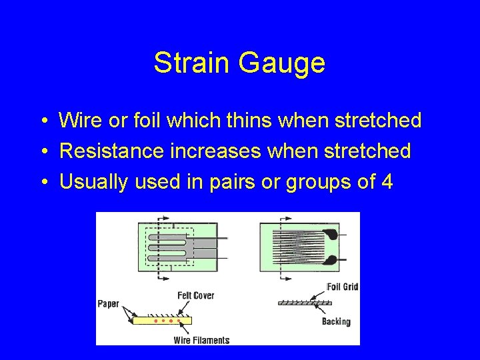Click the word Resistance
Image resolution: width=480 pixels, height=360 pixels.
pyautogui.click(x=111, y=151)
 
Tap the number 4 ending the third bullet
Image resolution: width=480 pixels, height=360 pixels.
pyautogui.click(x=386, y=182)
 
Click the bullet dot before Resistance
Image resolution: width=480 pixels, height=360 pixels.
pyautogui.click(x=42, y=152)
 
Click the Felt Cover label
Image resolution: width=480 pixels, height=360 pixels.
pyautogui.click(x=195, y=295)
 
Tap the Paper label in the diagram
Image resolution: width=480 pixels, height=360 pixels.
pyautogui.click(x=108, y=304)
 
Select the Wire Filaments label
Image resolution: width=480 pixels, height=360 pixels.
pyautogui.click(x=201, y=340)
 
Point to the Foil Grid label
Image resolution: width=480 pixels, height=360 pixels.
pyautogui.click(x=343, y=287)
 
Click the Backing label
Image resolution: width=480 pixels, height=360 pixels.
pyautogui.click(x=336, y=321)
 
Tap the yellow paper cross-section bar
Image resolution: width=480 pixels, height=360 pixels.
pyautogui.click(x=162, y=321)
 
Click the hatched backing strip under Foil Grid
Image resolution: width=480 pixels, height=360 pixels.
pyautogui.click(x=305, y=303)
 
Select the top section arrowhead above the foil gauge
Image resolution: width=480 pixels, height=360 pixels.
pyautogui.click(x=288, y=217)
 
